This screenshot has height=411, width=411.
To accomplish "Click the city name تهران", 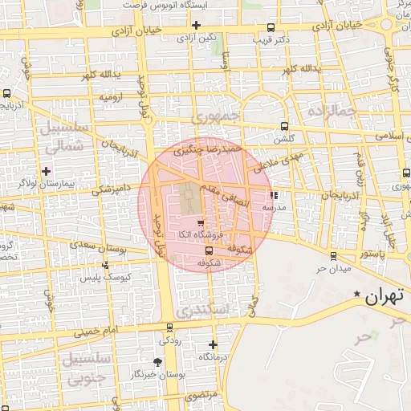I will [x=382, y=296].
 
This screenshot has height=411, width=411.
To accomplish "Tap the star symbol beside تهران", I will [x=358, y=296].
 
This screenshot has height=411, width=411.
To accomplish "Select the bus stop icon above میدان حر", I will [x=333, y=256].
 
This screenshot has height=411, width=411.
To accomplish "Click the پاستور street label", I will [x=372, y=253].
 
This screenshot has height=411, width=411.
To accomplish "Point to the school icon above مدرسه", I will [x=275, y=194].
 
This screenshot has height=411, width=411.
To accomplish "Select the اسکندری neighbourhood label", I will [x=202, y=309].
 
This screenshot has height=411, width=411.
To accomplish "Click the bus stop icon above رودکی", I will [x=169, y=327].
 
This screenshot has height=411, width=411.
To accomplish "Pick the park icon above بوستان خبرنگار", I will [x=157, y=362].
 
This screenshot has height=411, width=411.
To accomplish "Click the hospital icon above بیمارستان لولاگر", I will [x=46, y=171].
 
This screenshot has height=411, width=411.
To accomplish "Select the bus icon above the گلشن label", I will [x=285, y=127].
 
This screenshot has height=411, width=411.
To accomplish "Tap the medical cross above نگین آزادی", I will [x=196, y=24].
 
